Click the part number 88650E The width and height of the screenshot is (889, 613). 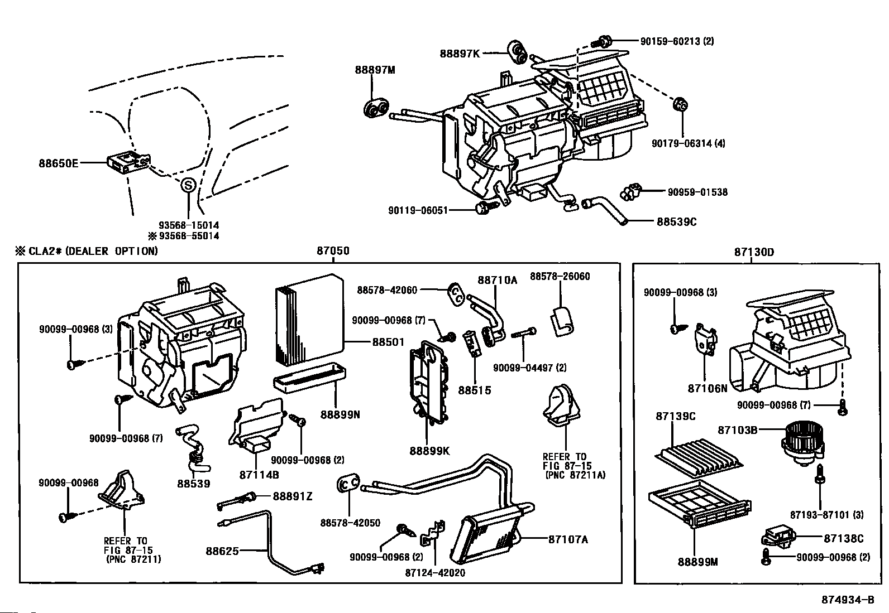tap(58, 163)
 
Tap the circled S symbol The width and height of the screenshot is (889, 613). tap(188, 185)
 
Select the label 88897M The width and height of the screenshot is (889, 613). tap(375, 70)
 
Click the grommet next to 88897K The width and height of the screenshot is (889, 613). tap(518, 51)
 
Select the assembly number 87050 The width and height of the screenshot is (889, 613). tap(333, 251)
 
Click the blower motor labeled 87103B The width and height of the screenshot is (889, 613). tap(802, 441)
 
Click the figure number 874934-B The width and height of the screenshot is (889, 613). tap(847, 600)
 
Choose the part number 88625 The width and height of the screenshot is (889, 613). tap(222, 551)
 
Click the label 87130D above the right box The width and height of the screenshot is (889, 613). tap(754, 252)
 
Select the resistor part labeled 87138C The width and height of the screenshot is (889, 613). tap(777, 538)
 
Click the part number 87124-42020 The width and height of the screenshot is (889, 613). tap(435, 572)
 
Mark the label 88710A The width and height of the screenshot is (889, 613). tap(497, 280)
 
